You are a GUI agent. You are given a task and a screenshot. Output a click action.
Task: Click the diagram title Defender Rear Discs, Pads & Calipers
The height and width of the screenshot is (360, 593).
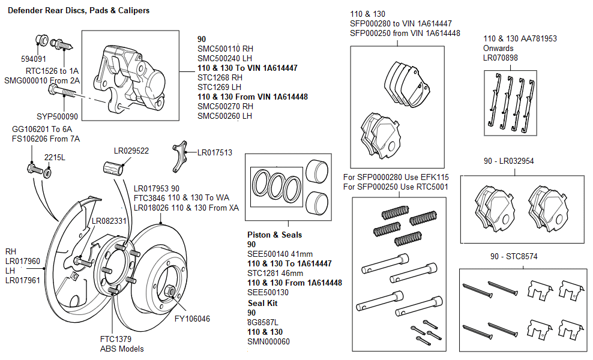(x=78, y=11)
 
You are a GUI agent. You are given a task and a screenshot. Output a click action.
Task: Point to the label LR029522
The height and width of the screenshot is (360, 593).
(x=131, y=151)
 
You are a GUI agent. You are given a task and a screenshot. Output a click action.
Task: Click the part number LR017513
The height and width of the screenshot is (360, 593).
(x=215, y=153)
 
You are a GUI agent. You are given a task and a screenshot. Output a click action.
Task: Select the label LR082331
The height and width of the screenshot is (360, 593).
(x=109, y=221)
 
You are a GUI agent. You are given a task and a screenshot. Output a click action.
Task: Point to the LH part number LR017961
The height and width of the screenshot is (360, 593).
(x=23, y=280)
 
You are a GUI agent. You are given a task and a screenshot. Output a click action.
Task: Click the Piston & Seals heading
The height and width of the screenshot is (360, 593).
(x=274, y=235)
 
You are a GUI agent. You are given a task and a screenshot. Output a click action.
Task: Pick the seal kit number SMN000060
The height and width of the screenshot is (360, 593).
(x=268, y=341)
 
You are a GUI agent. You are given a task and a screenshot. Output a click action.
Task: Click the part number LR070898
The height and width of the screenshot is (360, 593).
(x=500, y=58)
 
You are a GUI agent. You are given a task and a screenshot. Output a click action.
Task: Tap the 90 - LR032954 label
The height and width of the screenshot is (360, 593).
(x=508, y=161)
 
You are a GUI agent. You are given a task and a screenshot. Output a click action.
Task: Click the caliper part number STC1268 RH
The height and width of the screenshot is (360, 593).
(x=220, y=77)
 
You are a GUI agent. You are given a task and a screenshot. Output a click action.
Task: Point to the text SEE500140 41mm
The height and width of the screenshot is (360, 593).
(x=280, y=254)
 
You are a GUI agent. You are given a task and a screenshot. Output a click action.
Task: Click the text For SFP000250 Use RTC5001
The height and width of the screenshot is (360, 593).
(x=396, y=187)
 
